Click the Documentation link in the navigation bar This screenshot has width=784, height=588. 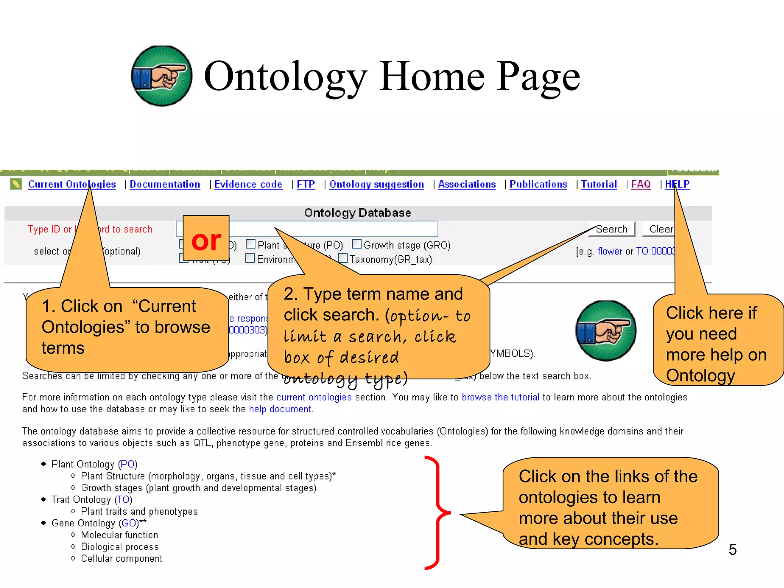tap(165, 184)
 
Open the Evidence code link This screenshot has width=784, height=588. tap(248, 184)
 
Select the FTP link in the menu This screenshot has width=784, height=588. tap(305, 184)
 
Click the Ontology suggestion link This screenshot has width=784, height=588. tap(376, 184)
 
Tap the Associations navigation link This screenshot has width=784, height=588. tap(467, 184)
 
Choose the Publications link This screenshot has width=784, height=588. tap(538, 184)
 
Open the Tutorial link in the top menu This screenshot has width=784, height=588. tap(599, 184)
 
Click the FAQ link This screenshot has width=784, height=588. tap(640, 184)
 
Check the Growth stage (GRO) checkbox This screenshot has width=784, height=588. tap(356, 244)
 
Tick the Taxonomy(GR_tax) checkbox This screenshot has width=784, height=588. tap(343, 258)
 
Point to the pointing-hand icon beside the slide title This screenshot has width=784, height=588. tap(162, 76)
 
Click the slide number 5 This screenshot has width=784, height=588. tap(732, 549)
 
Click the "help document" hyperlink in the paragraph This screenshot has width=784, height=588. tap(280, 409)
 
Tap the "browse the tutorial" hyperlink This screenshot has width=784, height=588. tap(500, 397)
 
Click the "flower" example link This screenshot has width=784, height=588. tap(609, 251)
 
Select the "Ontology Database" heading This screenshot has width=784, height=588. tap(358, 213)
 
